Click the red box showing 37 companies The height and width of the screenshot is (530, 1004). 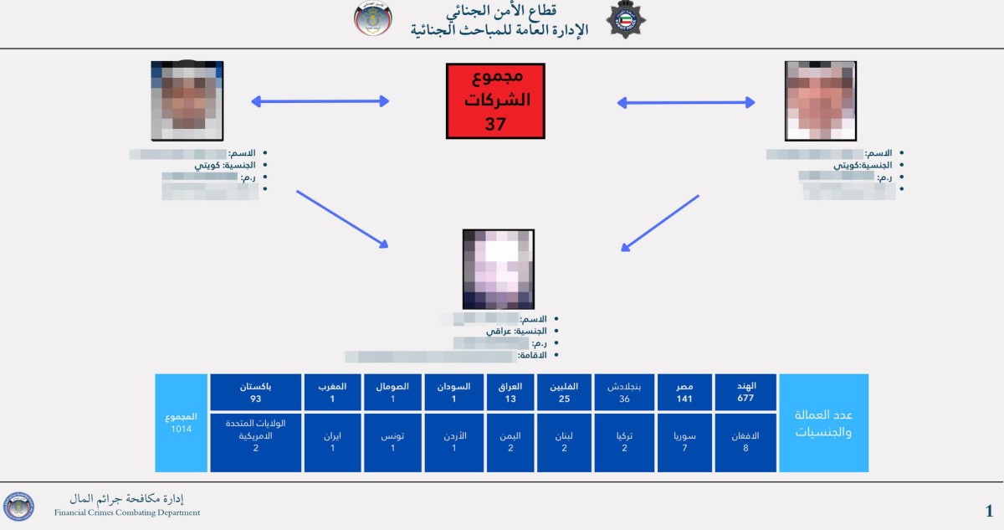[x=495, y=100]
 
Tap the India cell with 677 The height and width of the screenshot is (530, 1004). [x=745, y=392]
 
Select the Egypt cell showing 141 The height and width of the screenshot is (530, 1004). [x=684, y=392]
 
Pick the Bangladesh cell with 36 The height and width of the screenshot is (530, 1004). [x=624, y=392]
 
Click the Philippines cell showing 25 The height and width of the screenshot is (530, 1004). [x=564, y=392]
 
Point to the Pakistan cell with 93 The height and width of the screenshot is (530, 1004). [x=255, y=392]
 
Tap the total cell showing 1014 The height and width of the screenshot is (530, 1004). [x=182, y=423]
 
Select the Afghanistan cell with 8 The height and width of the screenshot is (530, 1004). [x=745, y=442]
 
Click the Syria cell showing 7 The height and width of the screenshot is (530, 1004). [x=684, y=442]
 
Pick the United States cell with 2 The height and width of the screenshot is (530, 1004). [x=255, y=442]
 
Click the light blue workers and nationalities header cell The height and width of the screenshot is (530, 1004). [x=823, y=423]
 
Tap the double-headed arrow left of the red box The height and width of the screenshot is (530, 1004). [x=320, y=102]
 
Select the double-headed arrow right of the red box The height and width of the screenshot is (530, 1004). [x=686, y=102]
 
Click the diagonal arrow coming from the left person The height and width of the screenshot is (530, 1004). [x=342, y=219]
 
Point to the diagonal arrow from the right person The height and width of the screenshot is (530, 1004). [x=660, y=223]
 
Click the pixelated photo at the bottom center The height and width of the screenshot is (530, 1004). [x=498, y=269]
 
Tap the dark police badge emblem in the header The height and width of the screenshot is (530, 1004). [x=626, y=20]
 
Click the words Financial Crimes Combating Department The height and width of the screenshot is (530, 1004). [x=127, y=512]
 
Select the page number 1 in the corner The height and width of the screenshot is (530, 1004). [x=989, y=511]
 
